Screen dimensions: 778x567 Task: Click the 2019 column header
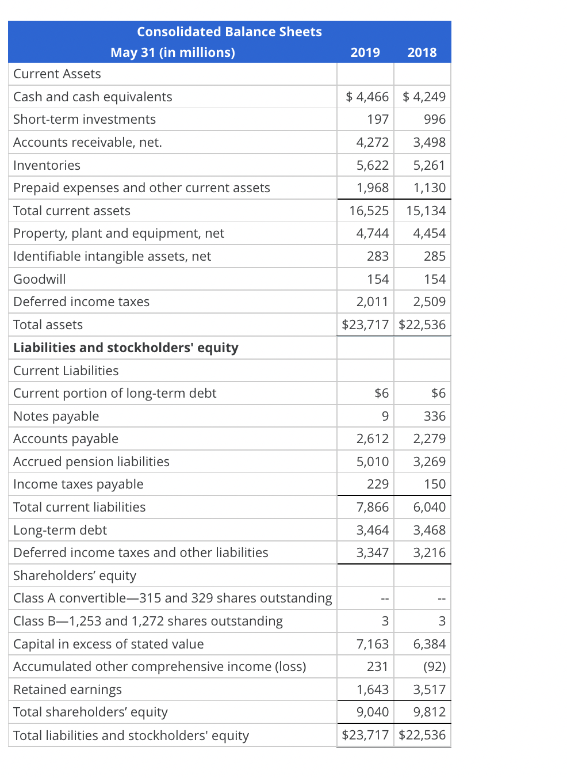click(x=365, y=52)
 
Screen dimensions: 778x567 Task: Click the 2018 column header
click(x=422, y=52)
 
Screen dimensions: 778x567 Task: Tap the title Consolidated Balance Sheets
click(x=229, y=32)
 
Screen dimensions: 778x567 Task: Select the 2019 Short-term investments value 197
click(x=378, y=119)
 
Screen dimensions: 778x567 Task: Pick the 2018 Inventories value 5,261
click(x=429, y=165)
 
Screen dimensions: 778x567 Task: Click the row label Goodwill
click(x=40, y=279)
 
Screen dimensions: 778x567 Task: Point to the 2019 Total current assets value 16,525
click(x=369, y=211)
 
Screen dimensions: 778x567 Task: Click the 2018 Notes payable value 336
click(x=435, y=416)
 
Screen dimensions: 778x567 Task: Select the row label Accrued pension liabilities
click(x=91, y=462)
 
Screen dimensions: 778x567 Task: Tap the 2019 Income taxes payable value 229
click(x=378, y=484)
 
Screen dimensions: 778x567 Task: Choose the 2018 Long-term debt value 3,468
click(x=429, y=530)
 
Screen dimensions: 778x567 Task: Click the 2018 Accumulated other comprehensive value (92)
click(x=434, y=666)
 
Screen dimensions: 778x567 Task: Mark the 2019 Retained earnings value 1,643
click(x=373, y=689)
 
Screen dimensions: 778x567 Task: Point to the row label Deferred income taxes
click(x=81, y=302)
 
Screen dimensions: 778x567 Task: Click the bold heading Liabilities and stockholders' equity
click(x=125, y=348)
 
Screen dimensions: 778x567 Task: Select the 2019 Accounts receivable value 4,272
click(x=373, y=142)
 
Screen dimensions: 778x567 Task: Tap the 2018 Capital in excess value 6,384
click(x=429, y=644)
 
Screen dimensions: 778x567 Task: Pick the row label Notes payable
click(x=56, y=416)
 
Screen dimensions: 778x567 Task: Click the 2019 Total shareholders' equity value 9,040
click(x=373, y=712)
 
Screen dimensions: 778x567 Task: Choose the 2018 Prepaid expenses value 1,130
click(x=429, y=188)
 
